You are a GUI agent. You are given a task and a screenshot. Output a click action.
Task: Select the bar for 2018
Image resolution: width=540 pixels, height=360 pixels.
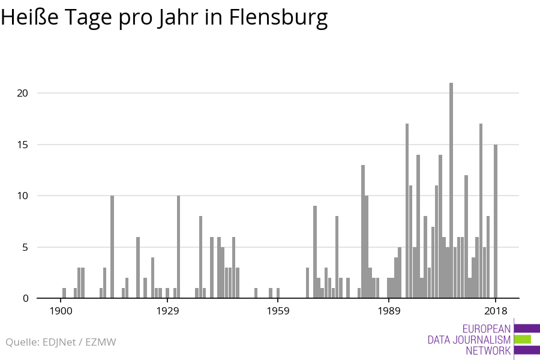(496, 221)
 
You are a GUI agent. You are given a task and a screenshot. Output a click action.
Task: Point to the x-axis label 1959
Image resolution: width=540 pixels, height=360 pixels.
(278, 311)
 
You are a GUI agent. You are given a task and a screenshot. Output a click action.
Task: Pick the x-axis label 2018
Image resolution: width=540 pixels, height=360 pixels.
(496, 311)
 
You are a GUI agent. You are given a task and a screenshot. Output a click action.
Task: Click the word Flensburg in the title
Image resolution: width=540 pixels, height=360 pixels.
(278, 18)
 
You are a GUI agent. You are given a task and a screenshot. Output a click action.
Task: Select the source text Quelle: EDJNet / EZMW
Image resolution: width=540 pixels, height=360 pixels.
(61, 342)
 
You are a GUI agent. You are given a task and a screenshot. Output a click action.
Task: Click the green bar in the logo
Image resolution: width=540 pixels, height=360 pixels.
(523, 339)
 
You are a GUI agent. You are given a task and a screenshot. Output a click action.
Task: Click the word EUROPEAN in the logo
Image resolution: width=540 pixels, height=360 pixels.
(487, 329)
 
